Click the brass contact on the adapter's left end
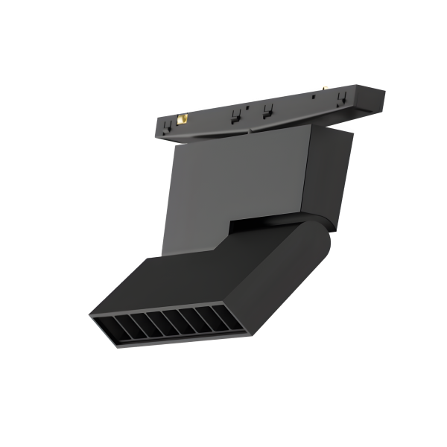(x=183, y=118)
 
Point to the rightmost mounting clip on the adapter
(x=343, y=98)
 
